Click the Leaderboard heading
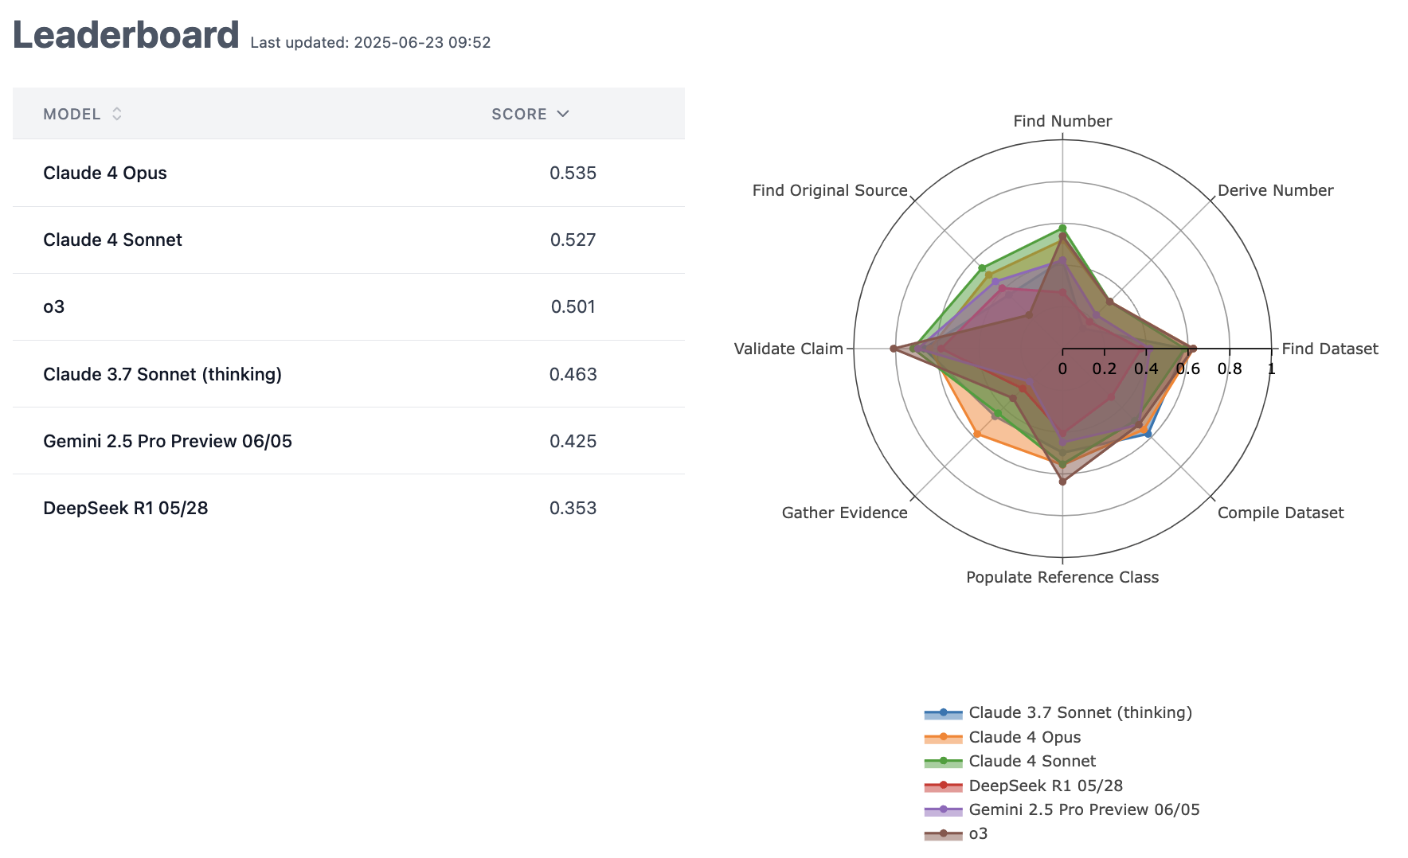pyautogui.click(x=126, y=36)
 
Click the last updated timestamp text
pyautogui.click(x=370, y=43)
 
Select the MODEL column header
pyautogui.click(x=72, y=114)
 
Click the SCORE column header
pyautogui.click(x=518, y=114)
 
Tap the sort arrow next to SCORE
pyautogui.click(x=563, y=114)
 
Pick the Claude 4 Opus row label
pyautogui.click(x=105, y=173)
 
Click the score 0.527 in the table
pyautogui.click(x=573, y=240)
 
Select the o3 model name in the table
pyautogui.click(x=53, y=306)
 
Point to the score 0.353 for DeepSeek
pyautogui.click(x=573, y=508)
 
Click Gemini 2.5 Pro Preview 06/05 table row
pyautogui.click(x=167, y=441)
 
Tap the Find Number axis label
pyautogui.click(x=1062, y=121)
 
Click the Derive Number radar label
pyautogui.click(x=1275, y=190)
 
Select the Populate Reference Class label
pyautogui.click(x=1062, y=577)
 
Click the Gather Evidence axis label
pyautogui.click(x=844, y=513)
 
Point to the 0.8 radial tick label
pyautogui.click(x=1229, y=369)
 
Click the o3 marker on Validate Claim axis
pyautogui.click(x=893, y=349)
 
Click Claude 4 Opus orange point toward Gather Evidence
pyautogui.click(x=977, y=434)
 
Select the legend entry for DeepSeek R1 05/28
pyautogui.click(x=1045, y=786)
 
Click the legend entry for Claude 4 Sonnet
pyautogui.click(x=1031, y=762)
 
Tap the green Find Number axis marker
pyautogui.click(x=1062, y=228)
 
